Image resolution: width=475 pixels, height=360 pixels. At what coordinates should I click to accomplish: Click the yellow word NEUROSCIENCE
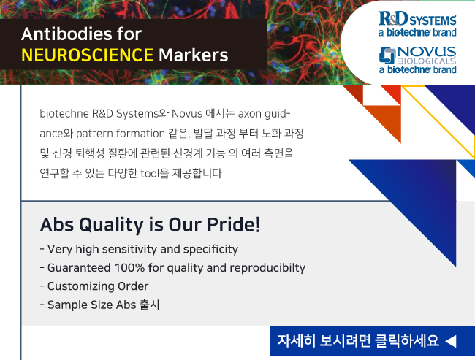[87, 55]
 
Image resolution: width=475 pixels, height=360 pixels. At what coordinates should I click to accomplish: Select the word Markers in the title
[193, 55]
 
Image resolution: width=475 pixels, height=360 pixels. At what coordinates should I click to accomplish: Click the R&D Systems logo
[417, 24]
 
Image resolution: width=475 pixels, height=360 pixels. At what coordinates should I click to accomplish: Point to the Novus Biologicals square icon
[387, 55]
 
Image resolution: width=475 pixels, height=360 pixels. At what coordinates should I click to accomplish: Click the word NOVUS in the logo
[427, 51]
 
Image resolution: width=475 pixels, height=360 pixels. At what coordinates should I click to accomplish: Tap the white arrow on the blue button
[451, 341]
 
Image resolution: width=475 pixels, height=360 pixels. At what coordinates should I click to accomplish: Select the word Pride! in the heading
[234, 225]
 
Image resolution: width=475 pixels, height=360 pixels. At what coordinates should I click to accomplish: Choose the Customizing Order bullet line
[94, 286]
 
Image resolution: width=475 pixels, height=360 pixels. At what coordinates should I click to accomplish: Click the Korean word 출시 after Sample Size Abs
[149, 305]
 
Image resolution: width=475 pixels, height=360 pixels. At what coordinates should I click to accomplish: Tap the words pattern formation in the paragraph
[121, 134]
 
